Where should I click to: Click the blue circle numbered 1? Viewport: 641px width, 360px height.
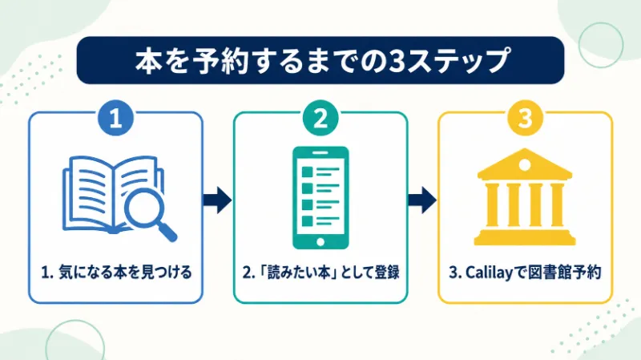[115, 118]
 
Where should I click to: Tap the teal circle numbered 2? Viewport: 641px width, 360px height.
[320, 118]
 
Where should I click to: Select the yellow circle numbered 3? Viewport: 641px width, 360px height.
[526, 118]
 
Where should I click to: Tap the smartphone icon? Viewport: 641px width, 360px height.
[320, 198]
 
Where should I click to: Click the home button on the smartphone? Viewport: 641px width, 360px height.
[320, 242]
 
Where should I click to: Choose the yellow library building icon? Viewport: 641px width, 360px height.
[525, 196]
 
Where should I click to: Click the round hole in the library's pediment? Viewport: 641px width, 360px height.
[525, 165]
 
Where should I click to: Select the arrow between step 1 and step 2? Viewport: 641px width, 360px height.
[217, 200]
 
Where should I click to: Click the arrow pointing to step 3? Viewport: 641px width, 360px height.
[422, 200]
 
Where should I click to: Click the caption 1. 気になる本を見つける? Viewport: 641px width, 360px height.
[116, 272]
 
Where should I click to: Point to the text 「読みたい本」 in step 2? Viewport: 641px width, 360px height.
[297, 272]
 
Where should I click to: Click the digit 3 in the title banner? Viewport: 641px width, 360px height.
[396, 61]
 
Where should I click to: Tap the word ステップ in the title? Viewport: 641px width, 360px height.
[458, 61]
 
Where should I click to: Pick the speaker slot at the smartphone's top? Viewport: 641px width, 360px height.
[320, 152]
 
